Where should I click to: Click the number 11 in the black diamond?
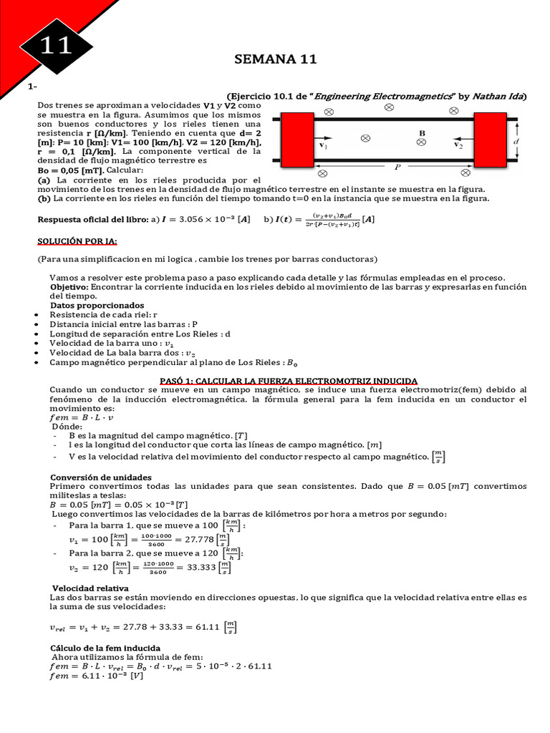pyautogui.click(x=55, y=47)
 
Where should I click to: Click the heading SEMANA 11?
pyautogui.click(x=275, y=60)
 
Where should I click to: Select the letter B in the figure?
pyautogui.click(x=423, y=133)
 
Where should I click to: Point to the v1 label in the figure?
pyautogui.click(x=324, y=145)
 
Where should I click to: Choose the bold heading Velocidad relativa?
pyautogui.click(x=85, y=588)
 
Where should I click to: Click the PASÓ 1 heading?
pyautogui.click(x=288, y=380)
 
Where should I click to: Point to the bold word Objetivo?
pyautogui.click(x=68, y=286)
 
